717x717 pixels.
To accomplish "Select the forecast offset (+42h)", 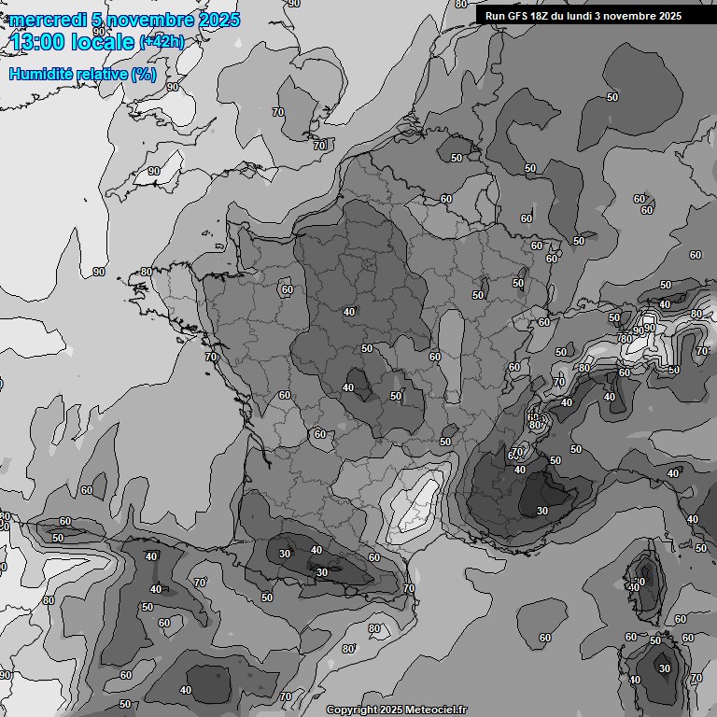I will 164,42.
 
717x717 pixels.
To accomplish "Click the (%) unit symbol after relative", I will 143,74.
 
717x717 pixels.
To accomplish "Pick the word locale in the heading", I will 105,41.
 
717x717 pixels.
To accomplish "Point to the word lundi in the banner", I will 582,16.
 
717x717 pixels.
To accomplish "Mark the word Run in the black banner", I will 495,16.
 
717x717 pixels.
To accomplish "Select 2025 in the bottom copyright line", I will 387,710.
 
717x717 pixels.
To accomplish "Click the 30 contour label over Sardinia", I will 664,668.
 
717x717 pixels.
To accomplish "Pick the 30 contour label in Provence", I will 542,511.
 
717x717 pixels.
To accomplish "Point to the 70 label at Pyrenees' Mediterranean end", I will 408,589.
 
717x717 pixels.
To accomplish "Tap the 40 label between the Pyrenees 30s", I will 316,551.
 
